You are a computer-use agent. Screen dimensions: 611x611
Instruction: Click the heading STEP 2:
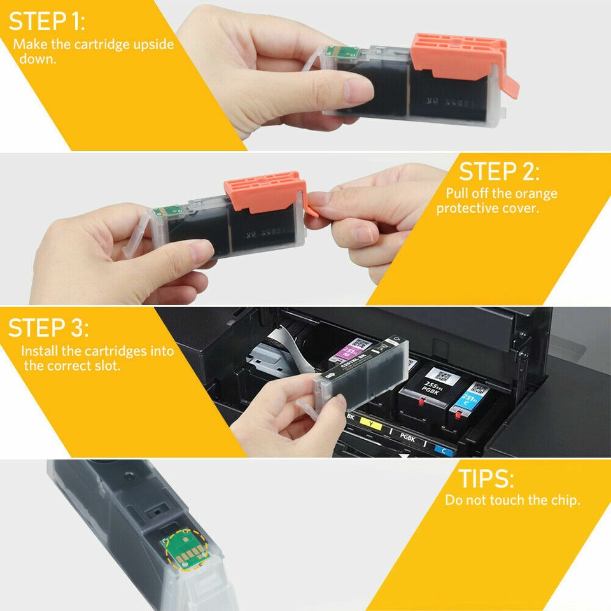pos(499,172)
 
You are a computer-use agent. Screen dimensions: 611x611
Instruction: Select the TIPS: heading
pos(486,479)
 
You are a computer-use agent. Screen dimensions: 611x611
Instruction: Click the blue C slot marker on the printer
pos(443,449)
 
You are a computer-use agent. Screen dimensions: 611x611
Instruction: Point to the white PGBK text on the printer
pos(407,437)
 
